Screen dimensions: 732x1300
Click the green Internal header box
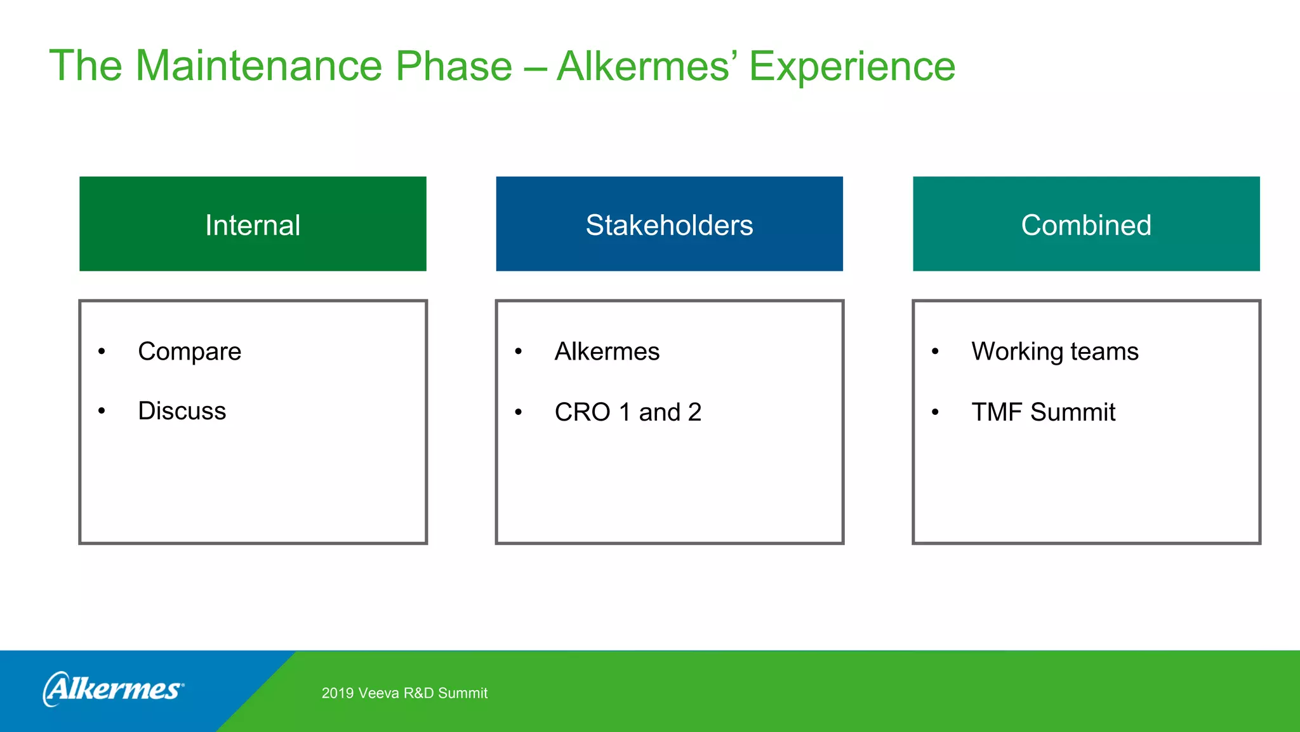[253, 224]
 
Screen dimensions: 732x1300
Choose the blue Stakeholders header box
[669, 224]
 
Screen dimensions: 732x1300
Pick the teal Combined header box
[1086, 224]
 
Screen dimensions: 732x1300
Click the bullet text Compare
[189, 351]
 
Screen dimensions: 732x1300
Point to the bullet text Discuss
[182, 411]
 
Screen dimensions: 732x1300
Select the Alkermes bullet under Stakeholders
[607, 351]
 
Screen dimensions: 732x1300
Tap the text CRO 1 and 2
[628, 412]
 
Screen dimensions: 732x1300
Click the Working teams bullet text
[1054, 351]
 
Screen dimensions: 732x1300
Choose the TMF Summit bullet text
[1043, 412]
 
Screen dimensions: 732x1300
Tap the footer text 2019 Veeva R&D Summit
[404, 693]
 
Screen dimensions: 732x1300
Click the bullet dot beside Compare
[102, 351]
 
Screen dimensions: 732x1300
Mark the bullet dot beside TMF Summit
[935, 412]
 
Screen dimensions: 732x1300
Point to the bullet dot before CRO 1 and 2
[519, 412]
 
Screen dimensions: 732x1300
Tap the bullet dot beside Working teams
[935, 351]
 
